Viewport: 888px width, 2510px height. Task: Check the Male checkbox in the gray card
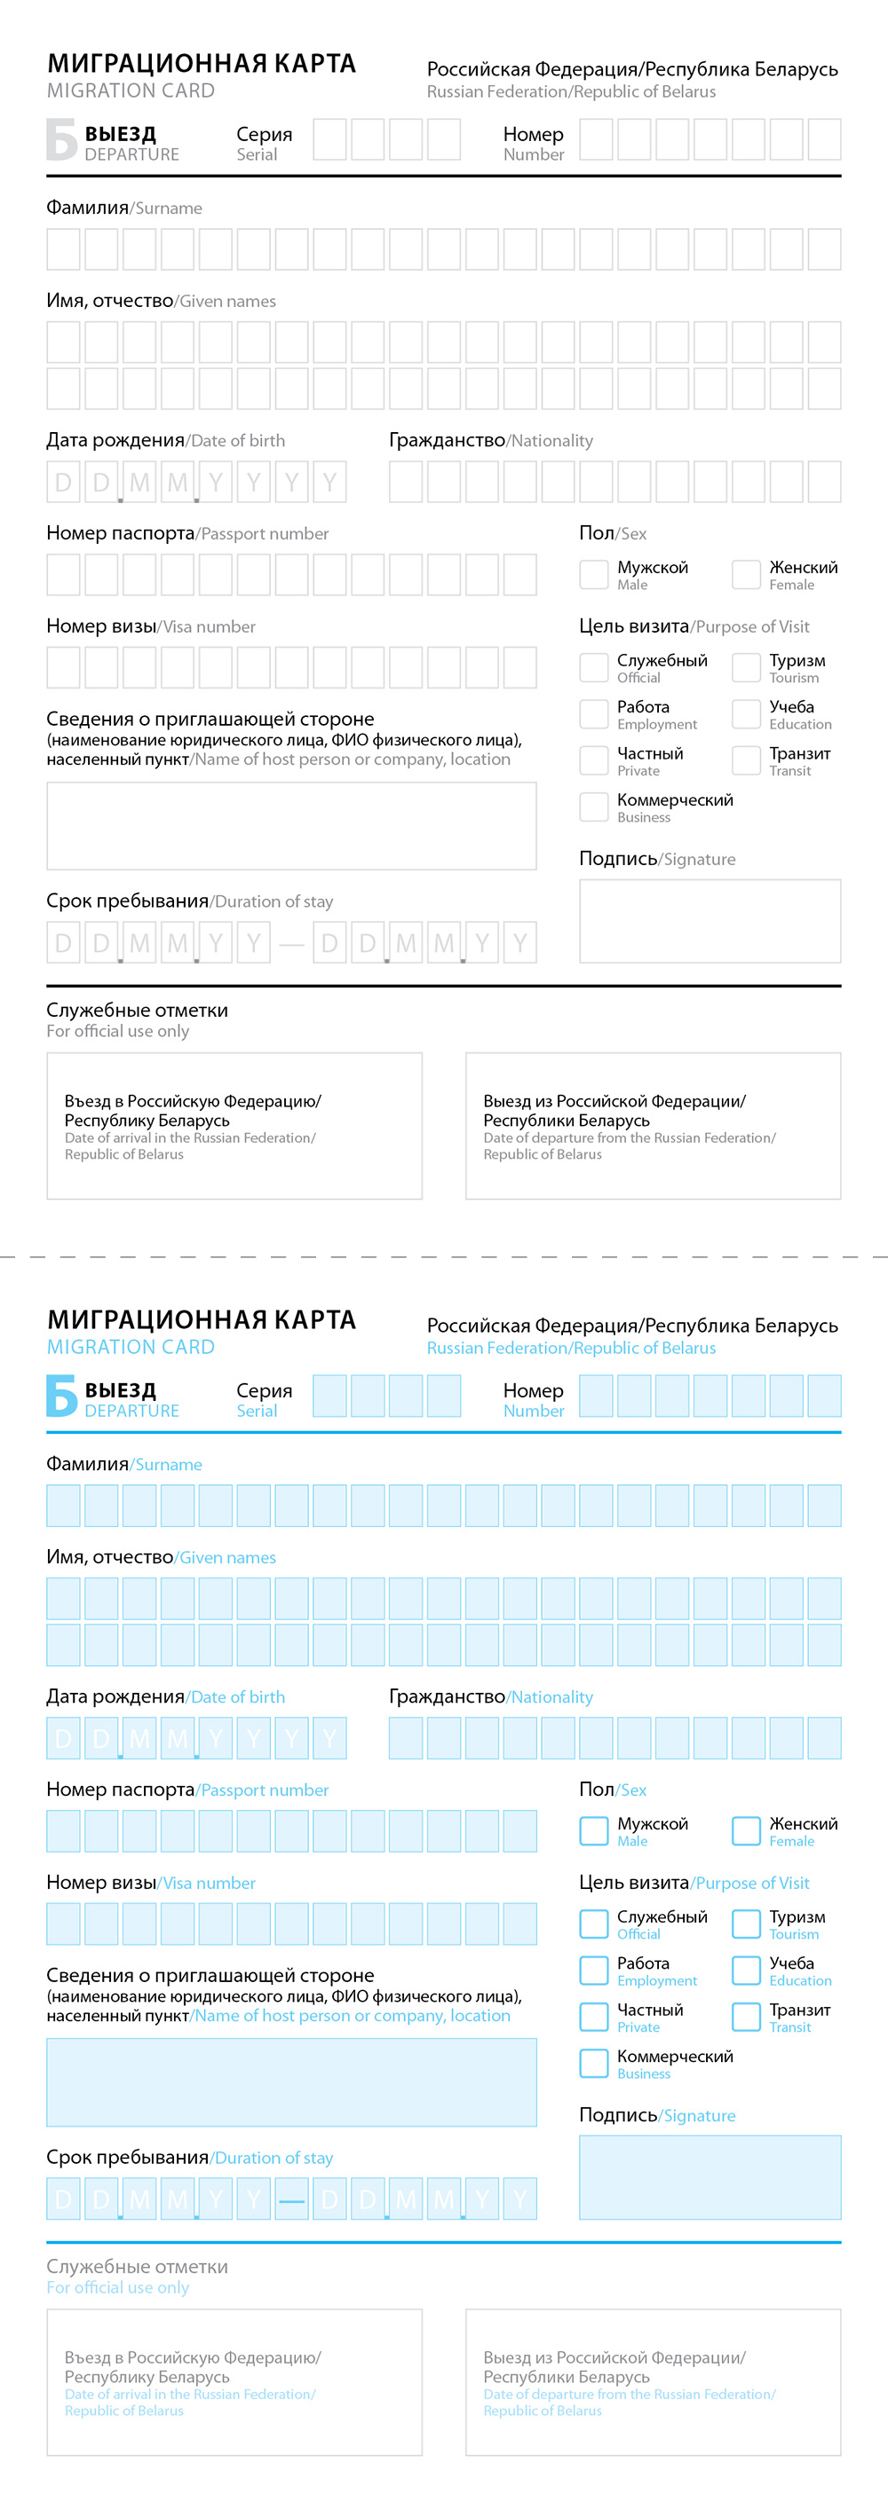click(x=593, y=574)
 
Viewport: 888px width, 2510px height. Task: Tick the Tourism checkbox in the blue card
click(x=746, y=1924)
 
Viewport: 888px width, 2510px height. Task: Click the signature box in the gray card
click(x=710, y=921)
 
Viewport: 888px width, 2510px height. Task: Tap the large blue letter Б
click(x=60, y=1396)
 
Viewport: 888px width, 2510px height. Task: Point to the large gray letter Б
click(x=60, y=139)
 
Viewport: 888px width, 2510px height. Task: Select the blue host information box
click(x=290, y=2082)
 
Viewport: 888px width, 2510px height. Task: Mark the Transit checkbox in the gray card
click(x=746, y=760)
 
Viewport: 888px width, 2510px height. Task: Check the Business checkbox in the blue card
click(x=593, y=2063)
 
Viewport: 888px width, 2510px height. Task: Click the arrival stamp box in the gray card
click(x=234, y=1125)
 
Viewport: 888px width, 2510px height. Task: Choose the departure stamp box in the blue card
click(x=652, y=2381)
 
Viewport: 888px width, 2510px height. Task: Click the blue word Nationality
click(x=551, y=1697)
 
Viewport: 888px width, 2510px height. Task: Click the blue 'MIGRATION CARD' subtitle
click(x=131, y=1348)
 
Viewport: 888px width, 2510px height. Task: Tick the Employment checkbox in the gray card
click(x=593, y=713)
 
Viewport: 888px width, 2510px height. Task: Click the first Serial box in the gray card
click(x=329, y=139)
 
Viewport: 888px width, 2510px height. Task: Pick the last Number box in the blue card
click(x=824, y=1396)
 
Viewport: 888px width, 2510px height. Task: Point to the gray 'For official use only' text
click(x=118, y=1031)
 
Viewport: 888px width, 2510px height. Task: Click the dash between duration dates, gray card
click(x=291, y=943)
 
